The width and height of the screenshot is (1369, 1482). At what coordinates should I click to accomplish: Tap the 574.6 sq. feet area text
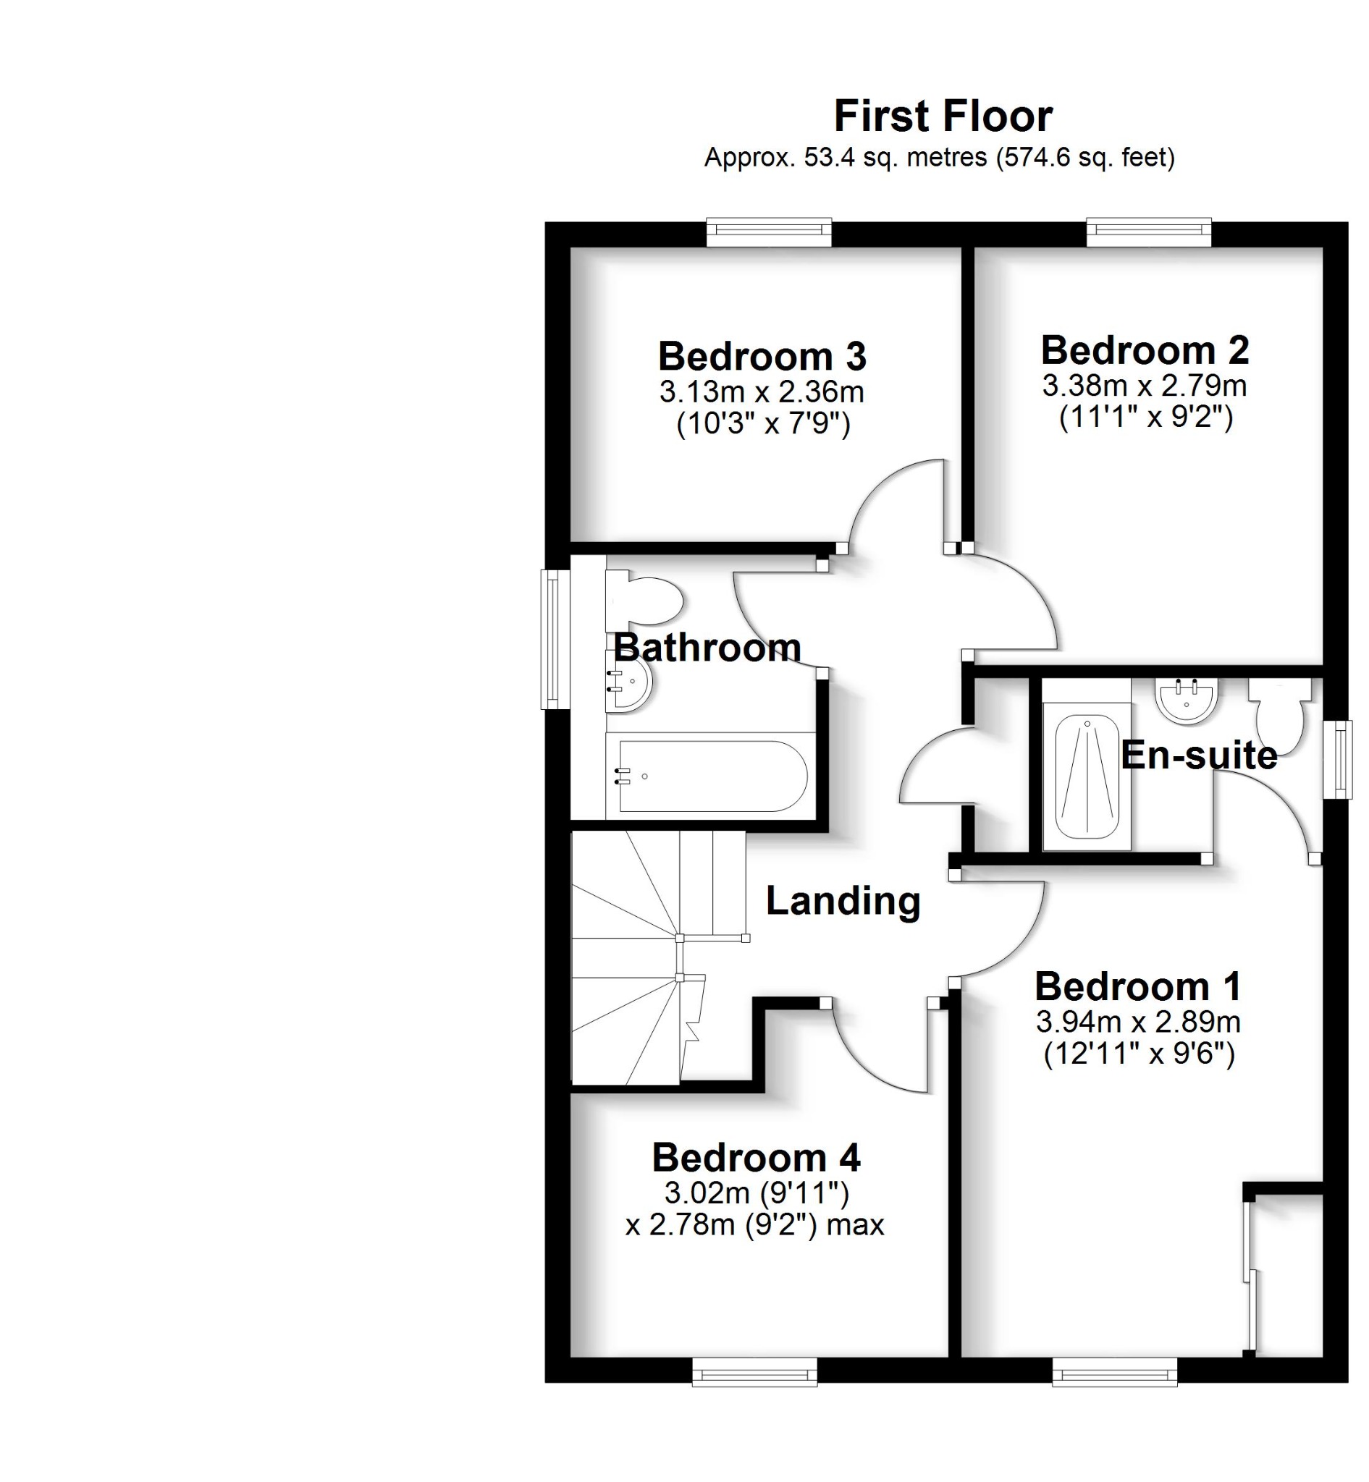pyautogui.click(x=1086, y=157)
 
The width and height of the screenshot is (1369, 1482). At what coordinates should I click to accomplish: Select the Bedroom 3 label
pyautogui.click(x=762, y=356)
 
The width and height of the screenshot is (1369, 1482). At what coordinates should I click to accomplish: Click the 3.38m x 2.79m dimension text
pyautogui.click(x=1145, y=386)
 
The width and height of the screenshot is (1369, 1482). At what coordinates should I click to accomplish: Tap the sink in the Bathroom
pyautogui.click(x=628, y=682)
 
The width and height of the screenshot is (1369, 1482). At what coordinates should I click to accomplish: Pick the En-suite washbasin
pyautogui.click(x=1186, y=700)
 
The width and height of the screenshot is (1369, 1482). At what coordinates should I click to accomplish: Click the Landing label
pyautogui.click(x=843, y=901)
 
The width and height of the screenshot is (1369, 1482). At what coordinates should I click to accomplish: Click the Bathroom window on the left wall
pyautogui.click(x=552, y=639)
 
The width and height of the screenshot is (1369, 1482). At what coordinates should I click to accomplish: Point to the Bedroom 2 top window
pyautogui.click(x=1148, y=232)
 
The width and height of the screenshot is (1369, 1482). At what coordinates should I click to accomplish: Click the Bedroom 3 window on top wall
pyautogui.click(x=769, y=232)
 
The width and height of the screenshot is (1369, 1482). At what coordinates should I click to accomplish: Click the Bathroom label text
pyautogui.click(x=707, y=648)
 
